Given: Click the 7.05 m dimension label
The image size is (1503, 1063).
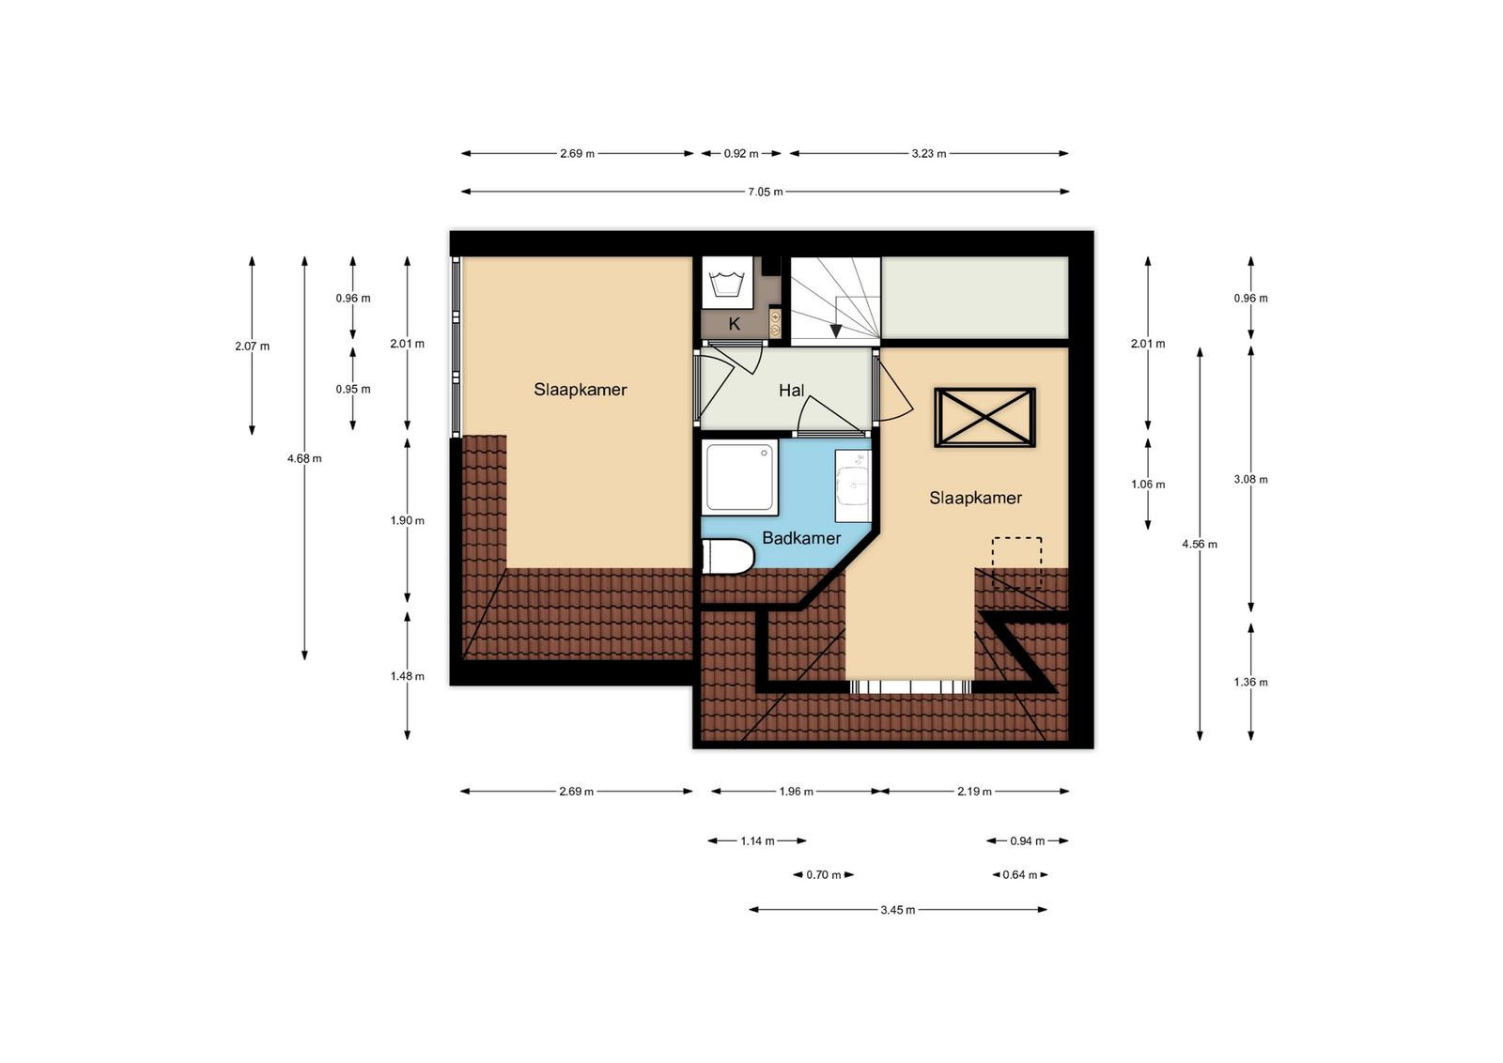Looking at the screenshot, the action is (766, 192).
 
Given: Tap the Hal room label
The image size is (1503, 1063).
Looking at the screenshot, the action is (791, 391).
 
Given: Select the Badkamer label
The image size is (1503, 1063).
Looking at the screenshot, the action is (801, 538).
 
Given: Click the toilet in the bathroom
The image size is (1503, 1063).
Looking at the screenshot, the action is (728, 557).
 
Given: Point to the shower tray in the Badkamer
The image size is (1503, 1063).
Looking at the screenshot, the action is (740, 478).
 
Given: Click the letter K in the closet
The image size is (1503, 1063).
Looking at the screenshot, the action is (734, 324).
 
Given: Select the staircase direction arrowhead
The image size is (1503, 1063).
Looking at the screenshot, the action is (836, 331).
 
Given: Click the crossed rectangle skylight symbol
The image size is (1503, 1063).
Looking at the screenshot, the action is (985, 417).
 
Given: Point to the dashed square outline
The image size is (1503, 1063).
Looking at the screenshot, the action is (1017, 562).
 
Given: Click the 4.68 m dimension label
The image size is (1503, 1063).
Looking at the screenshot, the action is (304, 459).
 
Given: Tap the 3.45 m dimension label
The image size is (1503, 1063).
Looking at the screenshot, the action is (898, 910).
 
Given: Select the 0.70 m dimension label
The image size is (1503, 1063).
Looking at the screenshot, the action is (823, 874).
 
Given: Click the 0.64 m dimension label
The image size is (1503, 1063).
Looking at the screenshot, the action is (1020, 874).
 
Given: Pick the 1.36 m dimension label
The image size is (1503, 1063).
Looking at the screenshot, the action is (1250, 682).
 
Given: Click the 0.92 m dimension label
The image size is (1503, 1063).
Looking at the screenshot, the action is (741, 154).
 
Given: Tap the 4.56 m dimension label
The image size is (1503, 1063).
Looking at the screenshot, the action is (1200, 544).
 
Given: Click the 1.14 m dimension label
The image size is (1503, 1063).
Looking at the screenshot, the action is (757, 841).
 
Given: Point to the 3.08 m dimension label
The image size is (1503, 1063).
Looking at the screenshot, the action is (1250, 480).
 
